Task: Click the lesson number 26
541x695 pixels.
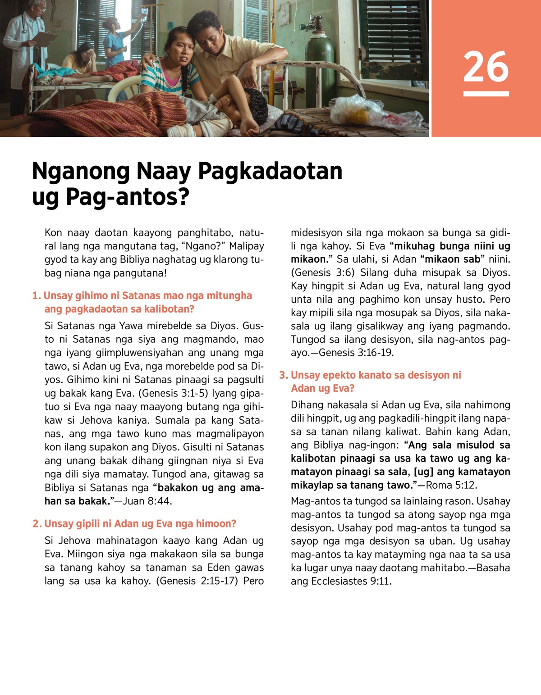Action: pos(486,67)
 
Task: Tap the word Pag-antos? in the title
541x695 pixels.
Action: pos(127,197)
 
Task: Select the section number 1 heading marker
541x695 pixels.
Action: pos(36,296)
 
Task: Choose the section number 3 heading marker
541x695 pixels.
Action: pos(283,375)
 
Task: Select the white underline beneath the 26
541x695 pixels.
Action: pos(486,94)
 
